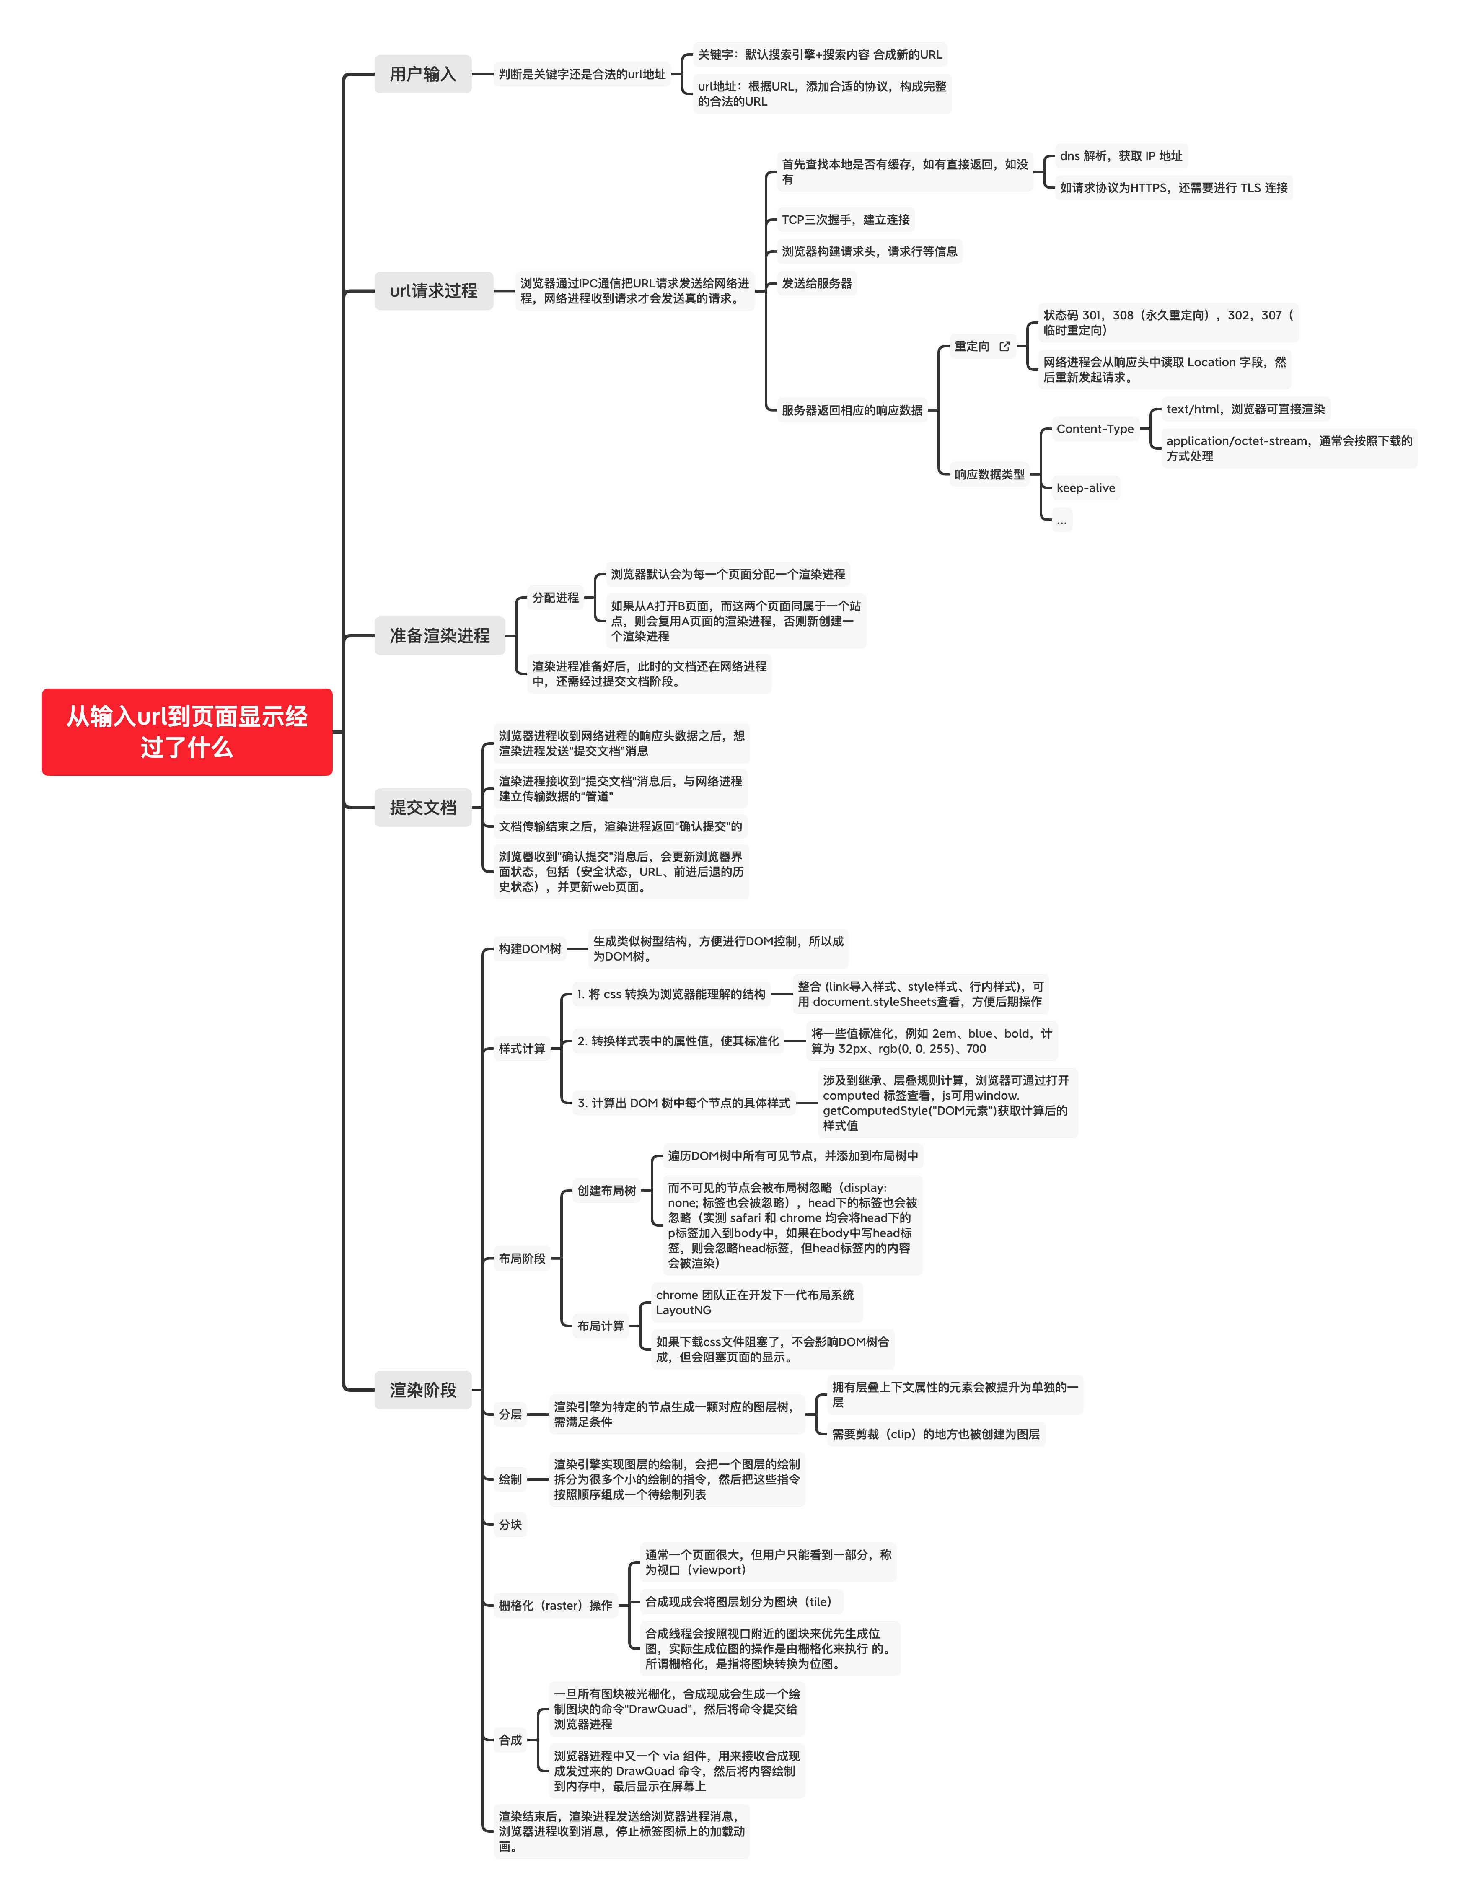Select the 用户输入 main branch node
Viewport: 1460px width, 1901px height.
click(x=422, y=74)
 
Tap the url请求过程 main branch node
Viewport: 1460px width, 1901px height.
click(x=433, y=290)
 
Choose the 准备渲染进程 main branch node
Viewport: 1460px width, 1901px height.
click(x=439, y=635)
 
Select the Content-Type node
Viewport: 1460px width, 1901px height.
click(x=1094, y=429)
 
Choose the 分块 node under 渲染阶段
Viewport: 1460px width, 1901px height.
click(x=510, y=1524)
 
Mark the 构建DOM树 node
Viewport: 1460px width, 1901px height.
click(x=529, y=948)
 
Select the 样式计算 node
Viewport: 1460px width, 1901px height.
click(x=521, y=1048)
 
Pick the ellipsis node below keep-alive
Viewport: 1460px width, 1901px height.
click(x=1061, y=521)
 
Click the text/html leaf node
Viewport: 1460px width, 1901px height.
click(x=1245, y=409)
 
